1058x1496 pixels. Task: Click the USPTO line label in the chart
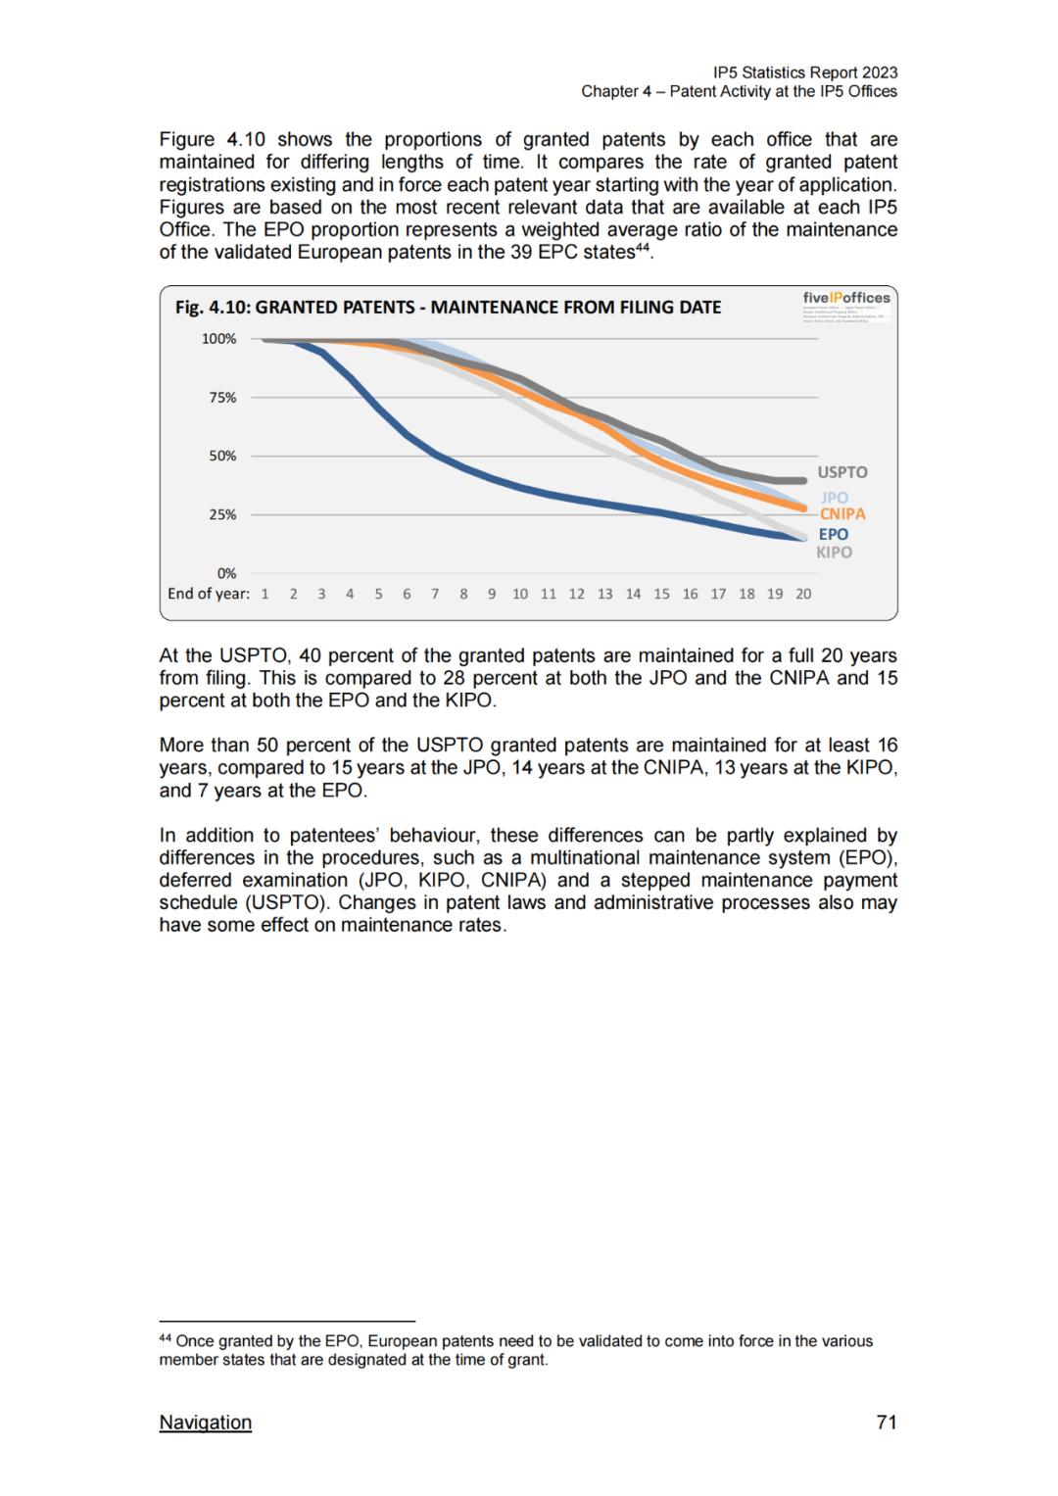tap(842, 472)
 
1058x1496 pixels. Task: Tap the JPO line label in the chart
tap(835, 498)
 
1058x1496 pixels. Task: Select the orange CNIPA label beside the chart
tap(842, 514)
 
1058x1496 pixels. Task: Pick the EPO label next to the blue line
tap(834, 535)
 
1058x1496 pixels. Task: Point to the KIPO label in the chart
tap(835, 553)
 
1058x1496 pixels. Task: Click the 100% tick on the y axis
tap(219, 339)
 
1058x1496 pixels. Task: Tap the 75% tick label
tap(222, 398)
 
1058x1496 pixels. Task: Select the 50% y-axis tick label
tap(222, 457)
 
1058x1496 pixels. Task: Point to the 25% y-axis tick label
tap(222, 515)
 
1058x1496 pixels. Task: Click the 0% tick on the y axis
tap(226, 574)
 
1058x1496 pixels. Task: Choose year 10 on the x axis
tap(520, 595)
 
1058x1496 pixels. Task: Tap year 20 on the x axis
tap(803, 595)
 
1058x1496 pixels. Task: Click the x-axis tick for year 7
tap(435, 595)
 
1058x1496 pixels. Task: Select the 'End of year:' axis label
tap(209, 594)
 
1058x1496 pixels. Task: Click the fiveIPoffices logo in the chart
tap(846, 298)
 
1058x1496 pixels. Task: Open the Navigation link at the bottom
tap(206, 1423)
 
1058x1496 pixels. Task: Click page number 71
tap(887, 1423)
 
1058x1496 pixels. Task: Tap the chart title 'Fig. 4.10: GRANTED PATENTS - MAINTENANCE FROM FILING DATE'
tap(448, 308)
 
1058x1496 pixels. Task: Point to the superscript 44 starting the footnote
tap(165, 1338)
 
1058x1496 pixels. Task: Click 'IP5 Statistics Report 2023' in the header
tap(805, 72)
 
